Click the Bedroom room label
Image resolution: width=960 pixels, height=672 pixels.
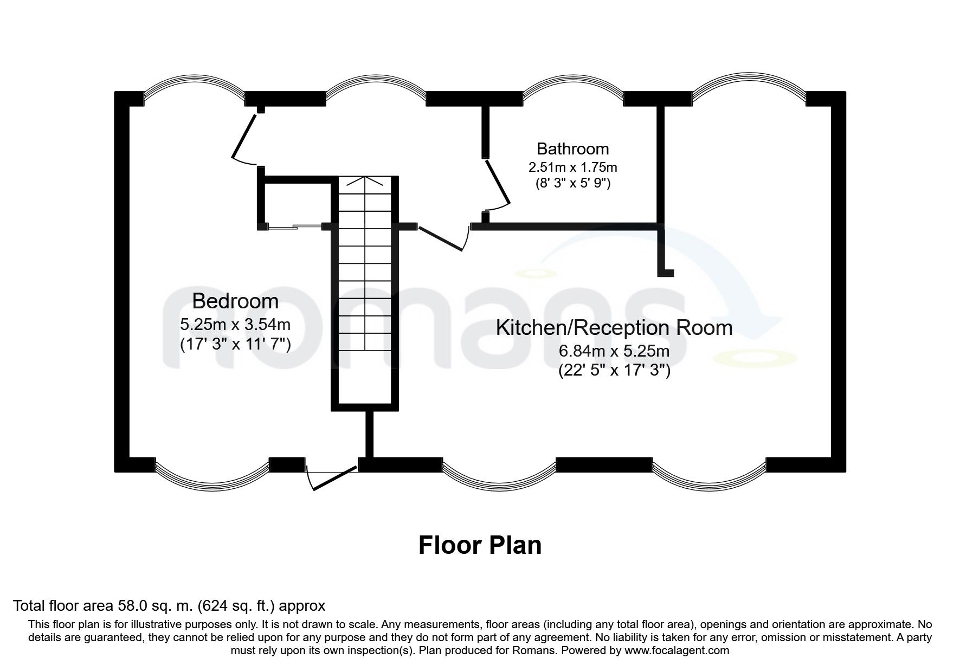point(235,301)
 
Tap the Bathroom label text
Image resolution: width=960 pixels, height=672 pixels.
point(572,148)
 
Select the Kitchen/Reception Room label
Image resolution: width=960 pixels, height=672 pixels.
point(614,327)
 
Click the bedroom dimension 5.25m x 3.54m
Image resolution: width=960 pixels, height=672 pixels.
point(235,325)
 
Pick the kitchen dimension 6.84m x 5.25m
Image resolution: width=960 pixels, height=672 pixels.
point(614,351)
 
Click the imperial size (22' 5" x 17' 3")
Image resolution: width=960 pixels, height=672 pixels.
point(614,371)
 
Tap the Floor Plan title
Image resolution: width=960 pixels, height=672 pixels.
point(480,545)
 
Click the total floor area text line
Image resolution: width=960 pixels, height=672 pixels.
point(169,605)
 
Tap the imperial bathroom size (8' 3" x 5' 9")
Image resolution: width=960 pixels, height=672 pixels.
point(572,183)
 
